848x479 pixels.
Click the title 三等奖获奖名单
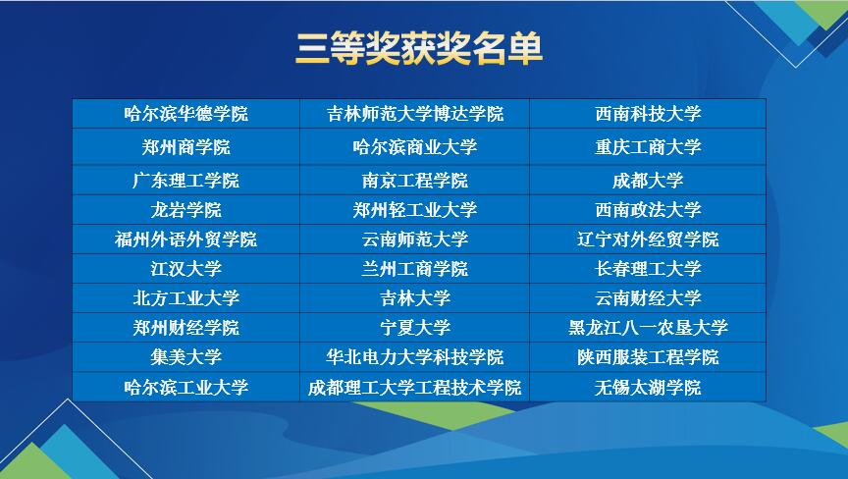tap(418, 49)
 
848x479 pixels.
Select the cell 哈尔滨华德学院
tap(186, 114)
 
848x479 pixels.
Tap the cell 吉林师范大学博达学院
tap(415, 114)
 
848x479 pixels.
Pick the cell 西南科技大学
tap(648, 114)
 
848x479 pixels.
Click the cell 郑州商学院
tap(186, 146)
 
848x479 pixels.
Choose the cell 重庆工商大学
tap(648, 146)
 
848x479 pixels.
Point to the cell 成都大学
tap(648, 180)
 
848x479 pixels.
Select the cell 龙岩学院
tap(186, 210)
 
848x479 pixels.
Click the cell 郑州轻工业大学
tap(415, 210)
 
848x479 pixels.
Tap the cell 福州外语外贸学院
tap(186, 239)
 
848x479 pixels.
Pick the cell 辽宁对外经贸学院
tap(648, 239)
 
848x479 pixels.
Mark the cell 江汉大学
tap(186, 269)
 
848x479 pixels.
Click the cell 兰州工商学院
tap(415, 269)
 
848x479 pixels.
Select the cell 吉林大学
tap(415, 297)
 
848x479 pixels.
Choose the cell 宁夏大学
tap(415, 327)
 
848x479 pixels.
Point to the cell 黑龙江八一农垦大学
tap(648, 327)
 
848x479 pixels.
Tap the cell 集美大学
tap(186, 357)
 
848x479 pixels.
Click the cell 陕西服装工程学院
tap(648, 357)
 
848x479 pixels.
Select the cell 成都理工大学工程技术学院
tap(415, 387)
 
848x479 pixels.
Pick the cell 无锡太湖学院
tap(648, 387)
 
